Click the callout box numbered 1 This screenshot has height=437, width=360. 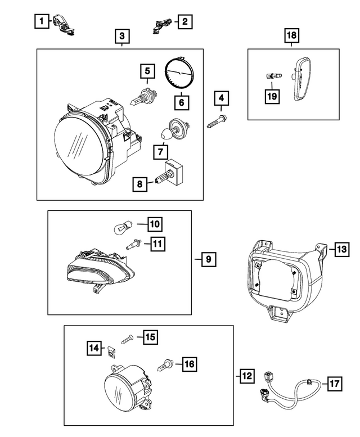pyautogui.click(x=40, y=22)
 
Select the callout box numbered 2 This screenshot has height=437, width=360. pyautogui.click(x=184, y=22)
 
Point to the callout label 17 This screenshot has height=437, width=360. pyautogui.click(x=334, y=384)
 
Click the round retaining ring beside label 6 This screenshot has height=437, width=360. pyautogui.click(x=179, y=73)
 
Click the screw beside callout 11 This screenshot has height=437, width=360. pyautogui.click(x=134, y=244)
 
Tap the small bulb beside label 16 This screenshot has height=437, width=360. pyautogui.click(x=166, y=364)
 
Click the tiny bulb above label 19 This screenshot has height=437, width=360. pyautogui.click(x=272, y=75)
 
